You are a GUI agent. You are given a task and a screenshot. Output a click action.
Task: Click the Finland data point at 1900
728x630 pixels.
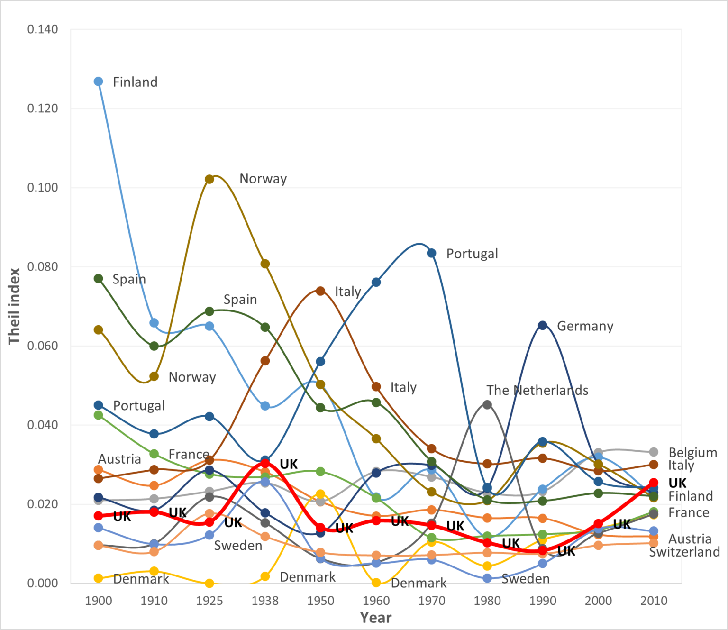coord(99,82)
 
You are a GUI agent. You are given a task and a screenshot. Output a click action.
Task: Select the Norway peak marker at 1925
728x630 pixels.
coord(209,179)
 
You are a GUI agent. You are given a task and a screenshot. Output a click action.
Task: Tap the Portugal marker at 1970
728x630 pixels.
coord(432,253)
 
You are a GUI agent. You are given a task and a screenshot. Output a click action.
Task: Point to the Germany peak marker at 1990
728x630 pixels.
coord(543,325)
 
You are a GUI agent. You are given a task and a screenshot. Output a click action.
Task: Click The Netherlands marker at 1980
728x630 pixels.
coord(487,404)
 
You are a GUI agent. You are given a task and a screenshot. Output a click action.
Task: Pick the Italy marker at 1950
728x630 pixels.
coord(320,291)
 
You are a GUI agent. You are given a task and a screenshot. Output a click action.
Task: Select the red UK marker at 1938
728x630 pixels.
coord(265,463)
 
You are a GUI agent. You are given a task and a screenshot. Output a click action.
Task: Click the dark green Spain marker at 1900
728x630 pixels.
coord(99,278)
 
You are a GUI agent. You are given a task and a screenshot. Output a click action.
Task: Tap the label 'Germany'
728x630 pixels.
coord(585,326)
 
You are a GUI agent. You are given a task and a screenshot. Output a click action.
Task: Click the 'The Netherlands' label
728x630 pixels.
coord(537,390)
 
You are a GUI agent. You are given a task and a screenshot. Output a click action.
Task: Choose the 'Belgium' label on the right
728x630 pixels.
coord(692,453)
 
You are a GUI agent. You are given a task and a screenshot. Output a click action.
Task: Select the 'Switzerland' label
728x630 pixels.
coord(684,552)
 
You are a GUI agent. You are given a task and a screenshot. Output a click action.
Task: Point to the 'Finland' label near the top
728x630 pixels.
coord(135,82)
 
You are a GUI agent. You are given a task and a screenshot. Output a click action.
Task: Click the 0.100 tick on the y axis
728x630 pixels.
coord(43,187)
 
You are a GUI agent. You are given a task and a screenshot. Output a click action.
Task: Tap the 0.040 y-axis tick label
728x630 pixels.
coord(43,425)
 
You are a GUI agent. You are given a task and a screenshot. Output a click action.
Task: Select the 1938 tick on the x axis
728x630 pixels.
coord(265,601)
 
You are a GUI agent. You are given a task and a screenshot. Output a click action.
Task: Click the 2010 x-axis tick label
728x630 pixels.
coord(654,601)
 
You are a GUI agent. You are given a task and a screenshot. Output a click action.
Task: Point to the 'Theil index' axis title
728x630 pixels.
coord(14,306)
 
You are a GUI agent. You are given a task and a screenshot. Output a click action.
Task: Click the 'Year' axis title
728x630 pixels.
coord(376,618)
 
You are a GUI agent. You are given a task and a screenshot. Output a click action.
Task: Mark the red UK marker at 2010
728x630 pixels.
coord(654,483)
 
